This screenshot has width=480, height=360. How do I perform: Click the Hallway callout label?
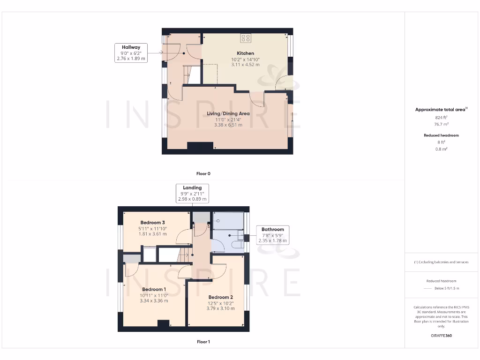pos(131,47)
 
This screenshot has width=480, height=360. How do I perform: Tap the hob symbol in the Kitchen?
pos(246,37)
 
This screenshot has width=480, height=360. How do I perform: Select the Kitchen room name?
pos(245,53)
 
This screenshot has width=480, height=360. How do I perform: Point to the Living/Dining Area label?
pos(228,113)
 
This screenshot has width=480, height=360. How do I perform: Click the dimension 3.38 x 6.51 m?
pos(228,125)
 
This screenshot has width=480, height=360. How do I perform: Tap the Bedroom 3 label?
pos(152,222)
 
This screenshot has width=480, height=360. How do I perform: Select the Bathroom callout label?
pos(273,229)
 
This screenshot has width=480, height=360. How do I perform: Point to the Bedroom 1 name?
pos(154,289)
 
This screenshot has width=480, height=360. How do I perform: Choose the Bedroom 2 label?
pos(220,297)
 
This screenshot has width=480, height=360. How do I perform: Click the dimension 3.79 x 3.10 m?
pos(220,308)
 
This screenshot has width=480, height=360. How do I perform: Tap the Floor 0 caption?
pos(203,173)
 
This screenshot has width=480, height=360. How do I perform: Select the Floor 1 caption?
pos(203,342)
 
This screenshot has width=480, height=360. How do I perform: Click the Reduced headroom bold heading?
pos(441,135)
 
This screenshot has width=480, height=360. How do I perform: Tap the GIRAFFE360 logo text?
pos(441,336)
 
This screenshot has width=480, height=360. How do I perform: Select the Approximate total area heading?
pos(440,110)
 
